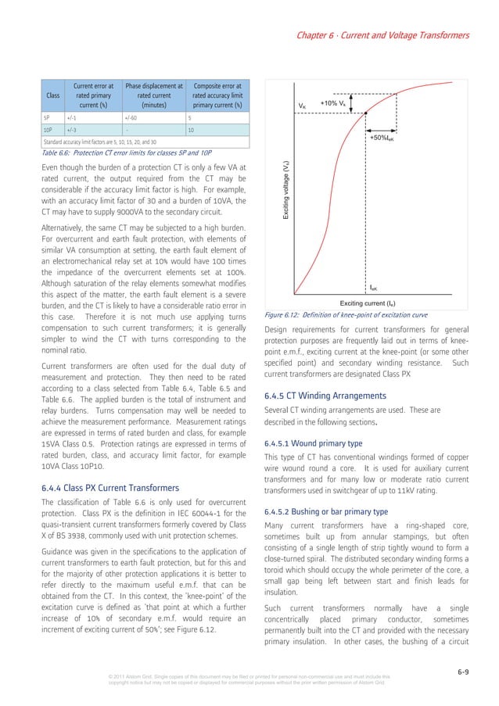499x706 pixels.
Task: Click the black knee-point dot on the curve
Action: click(365, 116)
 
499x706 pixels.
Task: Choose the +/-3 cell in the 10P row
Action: click(71, 130)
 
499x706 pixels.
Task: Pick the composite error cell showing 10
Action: click(191, 130)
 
